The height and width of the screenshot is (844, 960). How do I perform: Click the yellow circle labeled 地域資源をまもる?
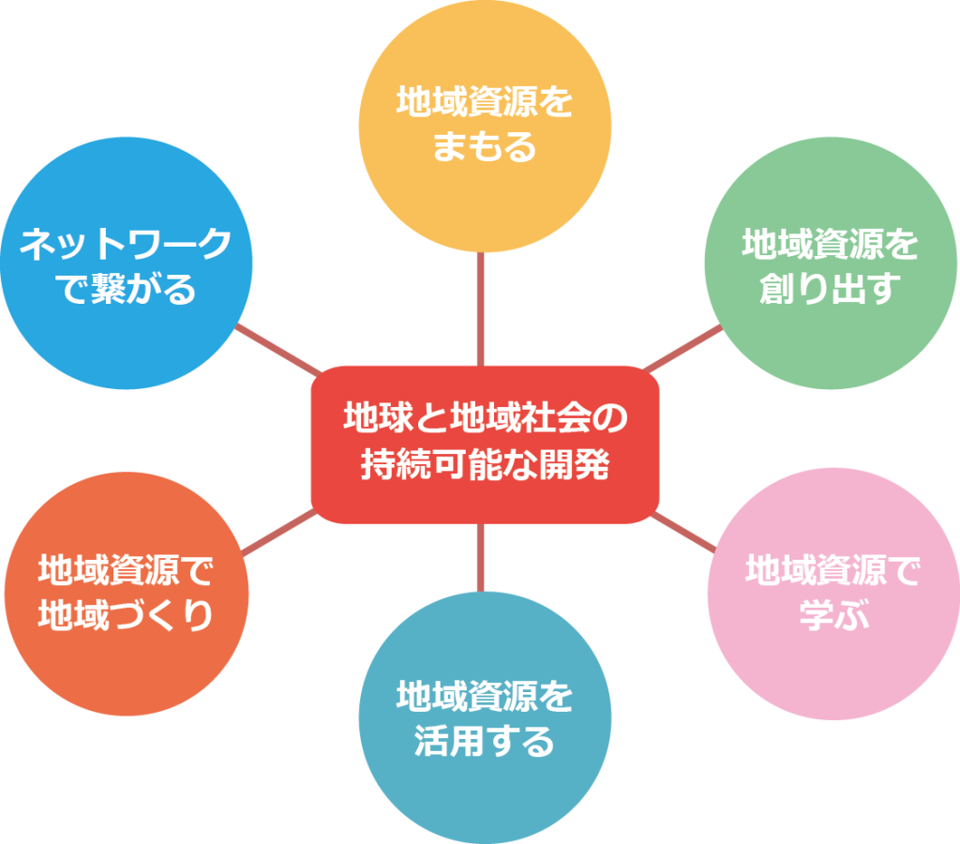[485, 126]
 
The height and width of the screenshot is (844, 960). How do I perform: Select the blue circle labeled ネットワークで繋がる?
[127, 263]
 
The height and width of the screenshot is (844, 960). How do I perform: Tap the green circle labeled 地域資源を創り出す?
[831, 263]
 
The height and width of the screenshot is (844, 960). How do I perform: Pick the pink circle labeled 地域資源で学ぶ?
[833, 595]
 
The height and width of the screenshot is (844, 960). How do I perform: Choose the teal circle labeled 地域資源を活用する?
[485, 717]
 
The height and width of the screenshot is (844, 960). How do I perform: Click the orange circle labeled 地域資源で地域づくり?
[127, 594]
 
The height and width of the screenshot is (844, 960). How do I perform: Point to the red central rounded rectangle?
[485, 445]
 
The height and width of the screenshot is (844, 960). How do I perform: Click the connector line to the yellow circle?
[481, 309]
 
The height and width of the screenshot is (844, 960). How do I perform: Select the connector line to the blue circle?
[278, 350]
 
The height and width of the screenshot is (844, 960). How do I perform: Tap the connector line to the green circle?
[682, 349]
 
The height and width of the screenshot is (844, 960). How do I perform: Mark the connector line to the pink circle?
[683, 533]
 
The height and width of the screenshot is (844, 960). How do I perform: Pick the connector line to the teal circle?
[481, 558]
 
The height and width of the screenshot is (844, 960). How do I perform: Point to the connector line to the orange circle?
[279, 533]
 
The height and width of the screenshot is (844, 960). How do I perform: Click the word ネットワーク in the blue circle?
[127, 243]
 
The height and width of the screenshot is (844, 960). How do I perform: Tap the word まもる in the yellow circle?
[485, 146]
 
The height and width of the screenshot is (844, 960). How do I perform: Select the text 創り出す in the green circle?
[831, 289]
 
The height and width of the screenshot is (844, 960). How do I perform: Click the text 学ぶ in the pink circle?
[833, 614]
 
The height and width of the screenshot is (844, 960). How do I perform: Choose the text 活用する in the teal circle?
[485, 741]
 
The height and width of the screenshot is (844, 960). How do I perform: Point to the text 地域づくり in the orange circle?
[127, 615]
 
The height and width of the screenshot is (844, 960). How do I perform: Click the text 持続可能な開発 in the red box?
[485, 464]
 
